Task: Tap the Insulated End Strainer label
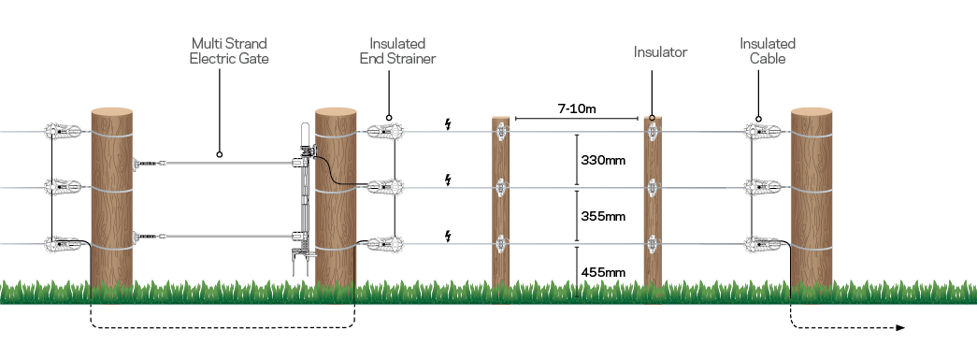(397, 50)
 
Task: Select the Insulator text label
(660, 52)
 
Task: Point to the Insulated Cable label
(767, 50)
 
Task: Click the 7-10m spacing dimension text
(577, 109)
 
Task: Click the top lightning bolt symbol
(449, 122)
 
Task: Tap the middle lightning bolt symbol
(449, 179)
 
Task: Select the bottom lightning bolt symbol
(449, 235)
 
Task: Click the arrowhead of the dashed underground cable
(899, 328)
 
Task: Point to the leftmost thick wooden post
(112, 199)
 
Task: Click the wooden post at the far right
(812, 199)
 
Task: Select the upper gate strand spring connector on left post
(145, 164)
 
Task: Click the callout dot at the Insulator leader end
(652, 119)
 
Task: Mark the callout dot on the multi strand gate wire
(218, 154)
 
